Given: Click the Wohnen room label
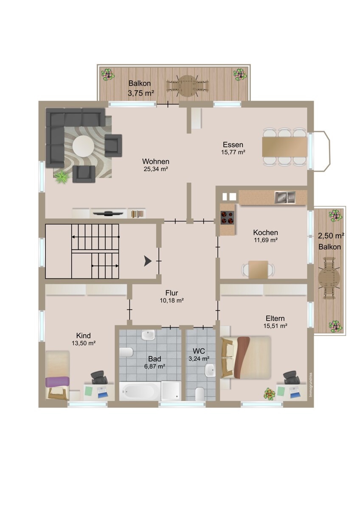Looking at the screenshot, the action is tap(156, 161).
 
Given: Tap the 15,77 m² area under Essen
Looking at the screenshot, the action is tap(233, 152).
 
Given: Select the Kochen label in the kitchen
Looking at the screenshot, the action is tap(266, 232).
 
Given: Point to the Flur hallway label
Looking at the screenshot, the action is tap(172, 293).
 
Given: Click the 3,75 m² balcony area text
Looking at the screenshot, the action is tap(141, 93).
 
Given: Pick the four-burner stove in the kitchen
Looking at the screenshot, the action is tap(228, 218).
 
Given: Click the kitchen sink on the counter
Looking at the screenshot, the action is tap(285, 197).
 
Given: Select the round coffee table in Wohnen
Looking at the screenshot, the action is tap(83, 146).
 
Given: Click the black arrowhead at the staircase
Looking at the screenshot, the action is tap(148, 261).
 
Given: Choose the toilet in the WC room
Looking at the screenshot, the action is tap(200, 394).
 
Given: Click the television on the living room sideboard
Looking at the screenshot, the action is tap(109, 213).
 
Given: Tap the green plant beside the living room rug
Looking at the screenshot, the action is tap(62, 177).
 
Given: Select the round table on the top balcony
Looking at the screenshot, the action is tap(187, 86).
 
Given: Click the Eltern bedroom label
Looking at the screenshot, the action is tap(275, 318).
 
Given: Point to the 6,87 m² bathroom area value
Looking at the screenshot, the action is tap(155, 366).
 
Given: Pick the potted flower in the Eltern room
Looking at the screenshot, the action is tap(270, 394).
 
